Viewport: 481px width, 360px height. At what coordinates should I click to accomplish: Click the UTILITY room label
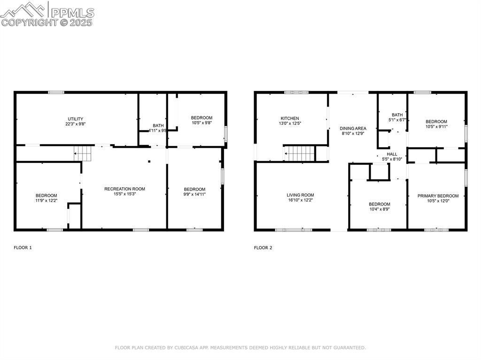[75, 119]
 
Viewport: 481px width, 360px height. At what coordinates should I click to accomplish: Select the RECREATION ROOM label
[124, 189]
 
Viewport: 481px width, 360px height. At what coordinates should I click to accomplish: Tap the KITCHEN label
[290, 118]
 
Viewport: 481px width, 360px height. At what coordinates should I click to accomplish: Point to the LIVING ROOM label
[300, 195]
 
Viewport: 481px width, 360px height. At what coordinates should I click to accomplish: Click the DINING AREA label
[353, 128]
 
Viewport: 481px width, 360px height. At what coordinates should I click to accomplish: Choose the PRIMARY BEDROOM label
[438, 196]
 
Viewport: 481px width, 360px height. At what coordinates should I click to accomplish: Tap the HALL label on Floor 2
[392, 154]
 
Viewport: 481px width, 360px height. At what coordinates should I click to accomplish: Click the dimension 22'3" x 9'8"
[75, 124]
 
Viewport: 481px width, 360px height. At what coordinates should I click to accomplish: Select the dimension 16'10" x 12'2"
[300, 200]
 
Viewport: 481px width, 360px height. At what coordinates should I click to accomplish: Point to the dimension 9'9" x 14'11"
[194, 194]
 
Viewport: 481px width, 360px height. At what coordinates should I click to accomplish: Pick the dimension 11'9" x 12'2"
[46, 201]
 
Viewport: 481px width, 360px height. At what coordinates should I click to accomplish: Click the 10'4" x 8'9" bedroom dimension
[379, 209]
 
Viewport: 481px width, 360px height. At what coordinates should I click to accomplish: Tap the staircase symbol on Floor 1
[81, 153]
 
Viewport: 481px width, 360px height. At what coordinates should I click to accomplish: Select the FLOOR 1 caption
[23, 247]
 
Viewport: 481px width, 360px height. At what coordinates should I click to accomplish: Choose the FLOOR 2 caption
[263, 247]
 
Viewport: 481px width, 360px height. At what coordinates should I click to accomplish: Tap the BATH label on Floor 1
[158, 125]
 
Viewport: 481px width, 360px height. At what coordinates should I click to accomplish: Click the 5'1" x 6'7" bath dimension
[397, 120]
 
